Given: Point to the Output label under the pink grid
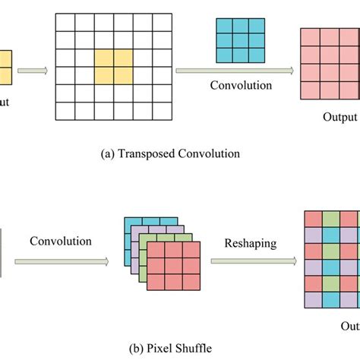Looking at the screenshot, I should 337,117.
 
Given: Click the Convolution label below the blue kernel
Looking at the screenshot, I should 241,85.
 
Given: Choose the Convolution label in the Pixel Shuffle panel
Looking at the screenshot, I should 61,242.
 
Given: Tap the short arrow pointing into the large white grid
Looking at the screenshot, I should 33,71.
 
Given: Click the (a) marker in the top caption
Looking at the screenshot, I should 107,153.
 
